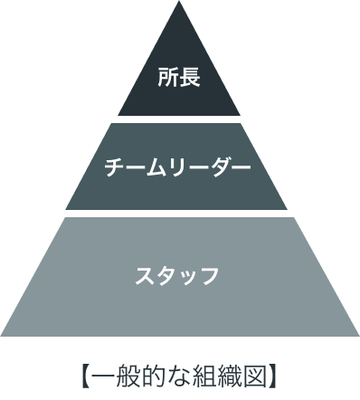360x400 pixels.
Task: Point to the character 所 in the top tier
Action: (x=167, y=78)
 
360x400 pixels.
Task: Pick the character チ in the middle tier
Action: (x=115, y=167)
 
